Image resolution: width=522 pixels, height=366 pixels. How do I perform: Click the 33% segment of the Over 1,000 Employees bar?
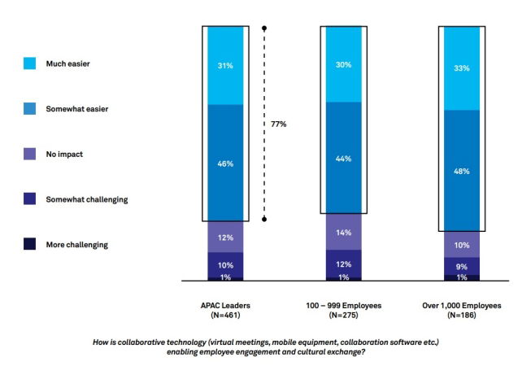point(463,68)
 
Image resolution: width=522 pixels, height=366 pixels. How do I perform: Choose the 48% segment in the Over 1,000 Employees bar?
point(463,170)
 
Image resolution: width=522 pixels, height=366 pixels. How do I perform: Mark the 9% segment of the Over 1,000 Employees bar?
point(463,266)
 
